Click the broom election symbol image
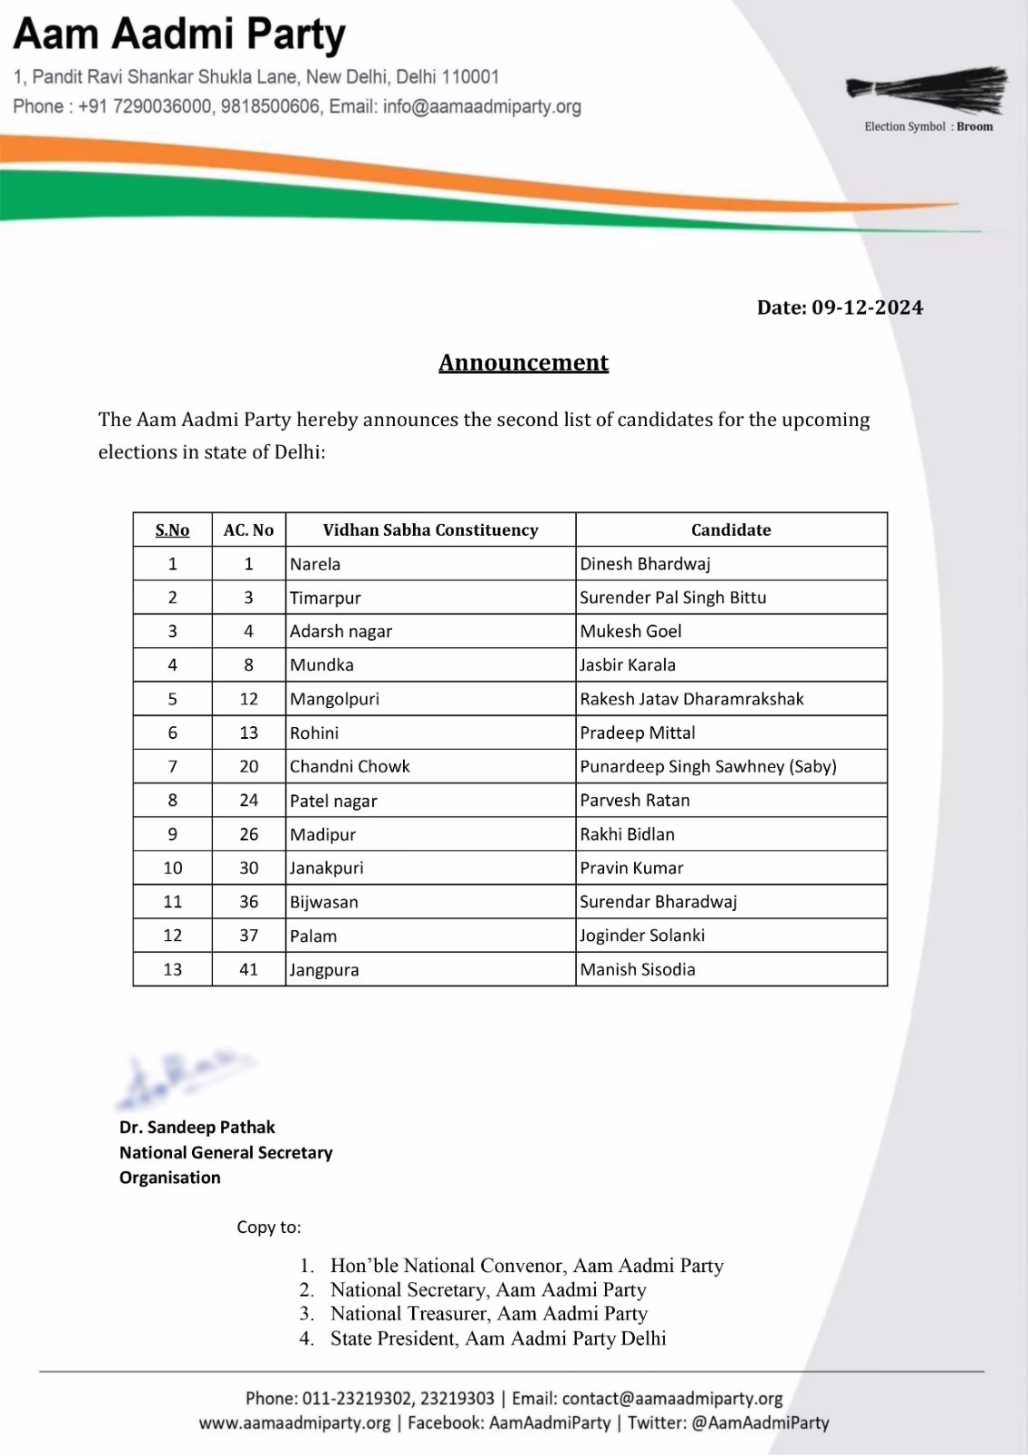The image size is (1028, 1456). (927, 89)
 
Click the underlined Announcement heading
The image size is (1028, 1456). (523, 362)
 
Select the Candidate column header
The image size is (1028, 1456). (731, 530)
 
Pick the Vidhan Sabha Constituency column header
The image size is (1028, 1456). (430, 530)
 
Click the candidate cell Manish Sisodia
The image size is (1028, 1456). (638, 969)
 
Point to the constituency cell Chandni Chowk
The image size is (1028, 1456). (350, 766)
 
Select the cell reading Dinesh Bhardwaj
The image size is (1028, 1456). (645, 563)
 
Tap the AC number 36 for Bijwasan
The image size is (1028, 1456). (248, 902)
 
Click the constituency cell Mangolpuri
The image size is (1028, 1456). (335, 699)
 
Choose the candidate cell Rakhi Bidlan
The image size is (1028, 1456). (628, 834)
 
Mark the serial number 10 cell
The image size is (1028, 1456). (173, 868)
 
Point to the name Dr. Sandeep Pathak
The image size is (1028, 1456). (197, 1127)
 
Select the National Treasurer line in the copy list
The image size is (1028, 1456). (489, 1313)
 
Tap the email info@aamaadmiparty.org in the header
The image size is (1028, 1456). (482, 106)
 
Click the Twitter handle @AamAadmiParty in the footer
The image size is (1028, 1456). (760, 1422)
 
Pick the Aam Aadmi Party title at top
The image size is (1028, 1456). (179, 35)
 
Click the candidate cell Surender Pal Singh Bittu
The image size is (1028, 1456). (673, 598)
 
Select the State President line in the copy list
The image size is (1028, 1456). (498, 1338)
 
